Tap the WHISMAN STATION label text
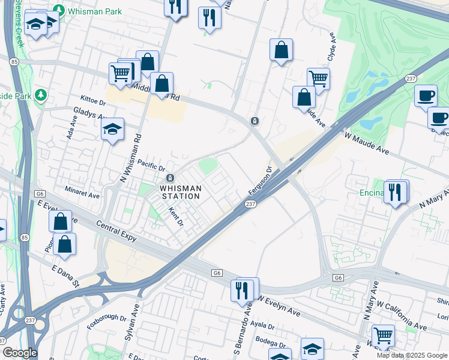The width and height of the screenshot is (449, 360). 179,192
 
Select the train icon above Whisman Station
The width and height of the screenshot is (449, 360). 170,178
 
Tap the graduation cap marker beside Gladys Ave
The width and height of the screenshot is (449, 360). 112,130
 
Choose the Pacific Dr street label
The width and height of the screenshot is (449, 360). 151,164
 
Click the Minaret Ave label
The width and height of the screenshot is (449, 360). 82,195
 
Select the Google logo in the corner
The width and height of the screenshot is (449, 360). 20,353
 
